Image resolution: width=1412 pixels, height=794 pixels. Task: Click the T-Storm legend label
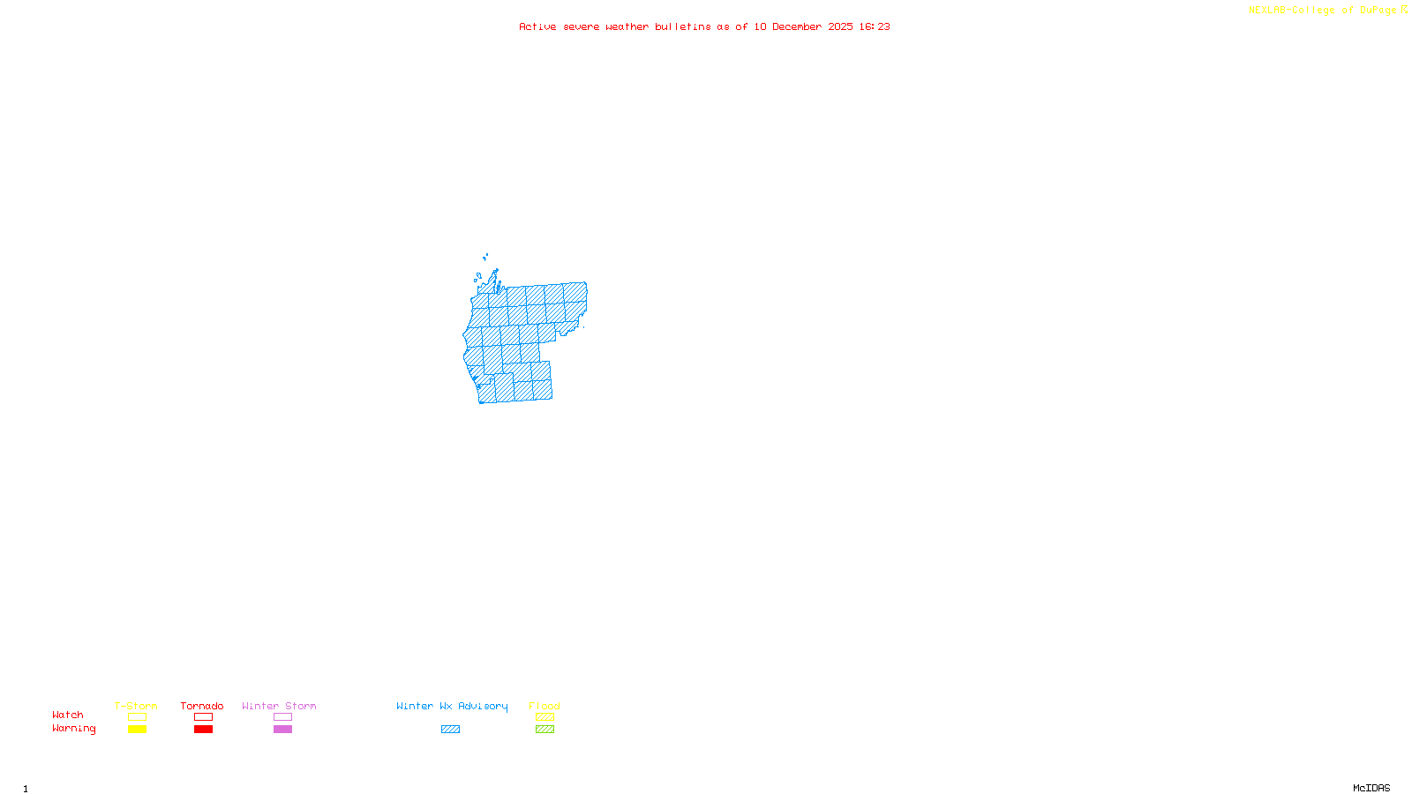pos(136,706)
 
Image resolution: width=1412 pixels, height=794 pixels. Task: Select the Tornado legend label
pos(202,706)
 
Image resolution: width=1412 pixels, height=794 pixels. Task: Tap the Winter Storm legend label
pos(279,706)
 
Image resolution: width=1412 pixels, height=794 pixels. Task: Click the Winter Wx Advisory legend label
pos(452,706)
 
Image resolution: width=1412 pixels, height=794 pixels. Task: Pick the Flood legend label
pos(545,706)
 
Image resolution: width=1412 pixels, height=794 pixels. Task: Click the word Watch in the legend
pos(68,715)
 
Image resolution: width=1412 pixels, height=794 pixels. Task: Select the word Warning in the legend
pos(74,729)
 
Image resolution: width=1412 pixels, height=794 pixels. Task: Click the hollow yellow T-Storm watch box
pos(137,717)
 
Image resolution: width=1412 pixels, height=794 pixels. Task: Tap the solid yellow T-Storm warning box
pos(137,730)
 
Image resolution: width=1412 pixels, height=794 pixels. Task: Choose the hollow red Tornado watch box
pos(203,717)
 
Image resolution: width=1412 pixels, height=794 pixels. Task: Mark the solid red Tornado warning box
pos(203,730)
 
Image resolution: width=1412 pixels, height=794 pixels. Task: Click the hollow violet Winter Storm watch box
pos(282,717)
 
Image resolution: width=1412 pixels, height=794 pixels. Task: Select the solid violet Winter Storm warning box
pos(282,730)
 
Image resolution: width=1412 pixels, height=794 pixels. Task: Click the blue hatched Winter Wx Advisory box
pos(450,730)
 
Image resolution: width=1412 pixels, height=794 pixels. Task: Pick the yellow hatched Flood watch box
pos(545,717)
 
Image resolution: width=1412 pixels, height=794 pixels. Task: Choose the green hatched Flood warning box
pos(545,730)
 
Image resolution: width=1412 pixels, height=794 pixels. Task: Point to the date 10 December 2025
pos(803,26)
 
